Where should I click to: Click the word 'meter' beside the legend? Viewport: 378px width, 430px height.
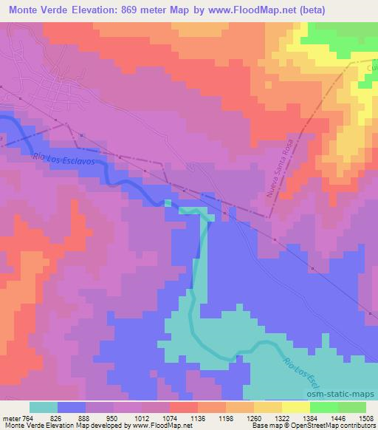(10, 418)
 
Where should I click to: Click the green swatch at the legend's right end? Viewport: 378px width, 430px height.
(353, 407)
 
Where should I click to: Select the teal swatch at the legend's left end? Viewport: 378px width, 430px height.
(44, 407)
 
